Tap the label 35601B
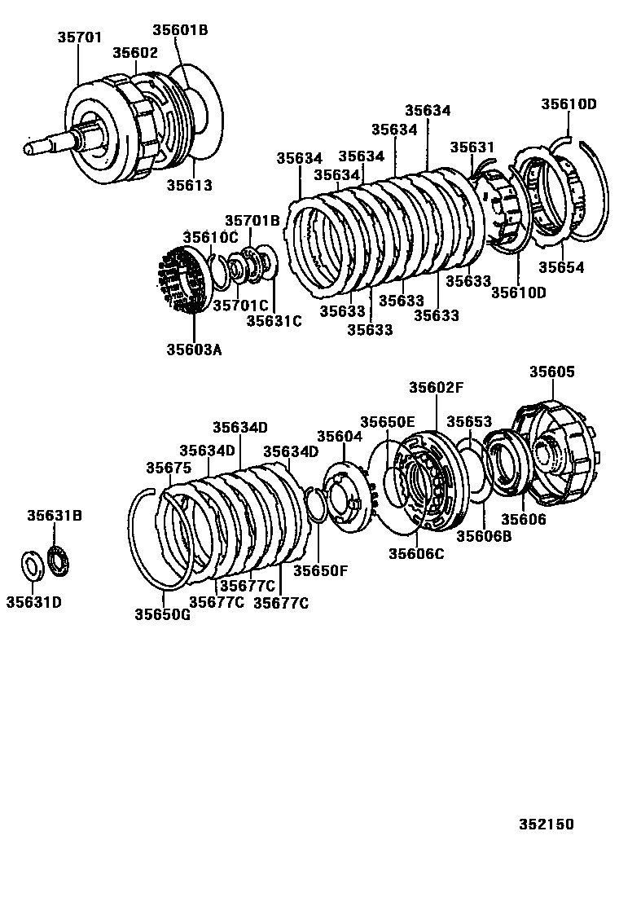coord(180,30)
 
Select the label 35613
coord(189,185)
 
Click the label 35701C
coord(240,305)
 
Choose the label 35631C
coord(274,321)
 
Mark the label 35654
coord(561,267)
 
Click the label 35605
coord(552,372)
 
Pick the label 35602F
coord(436,388)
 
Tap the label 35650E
coord(388,421)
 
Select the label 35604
coord(339,437)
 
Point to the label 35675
coord(169,467)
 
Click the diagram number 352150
coord(546,824)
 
